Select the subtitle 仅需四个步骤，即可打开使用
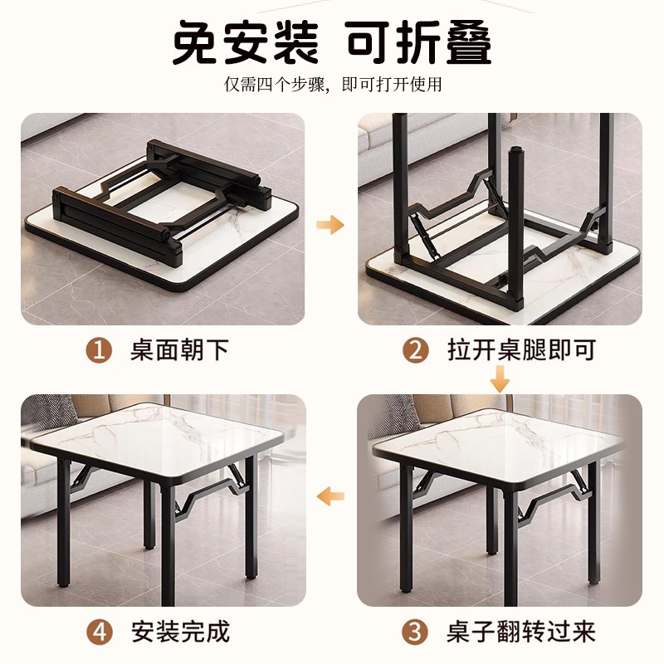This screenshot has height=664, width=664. (333, 85)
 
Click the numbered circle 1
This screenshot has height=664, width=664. (100, 350)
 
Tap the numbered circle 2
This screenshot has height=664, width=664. (416, 350)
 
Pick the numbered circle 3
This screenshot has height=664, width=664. (416, 632)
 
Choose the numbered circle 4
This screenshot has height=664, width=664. (100, 632)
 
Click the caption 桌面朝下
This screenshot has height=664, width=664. (179, 350)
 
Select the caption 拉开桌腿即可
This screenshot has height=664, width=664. (523, 350)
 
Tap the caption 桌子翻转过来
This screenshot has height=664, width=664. (523, 632)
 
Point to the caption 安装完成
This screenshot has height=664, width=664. (179, 632)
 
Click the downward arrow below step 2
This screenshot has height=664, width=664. (499, 381)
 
